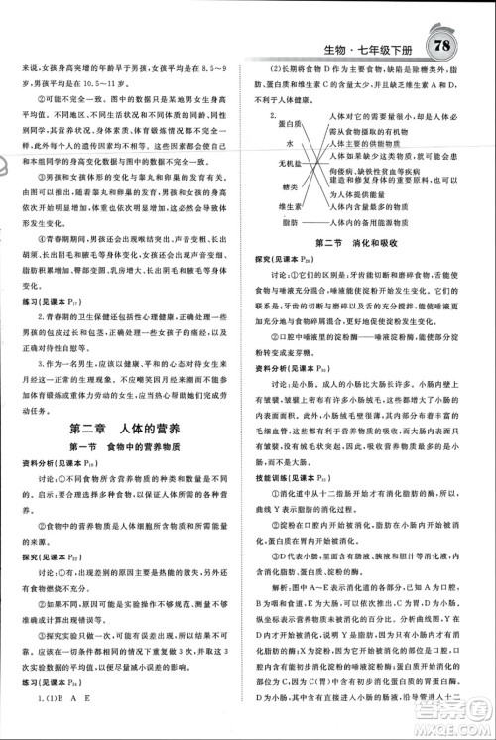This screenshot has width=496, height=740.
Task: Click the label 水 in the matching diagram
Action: [296, 143]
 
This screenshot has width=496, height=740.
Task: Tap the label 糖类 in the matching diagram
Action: [290, 185]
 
